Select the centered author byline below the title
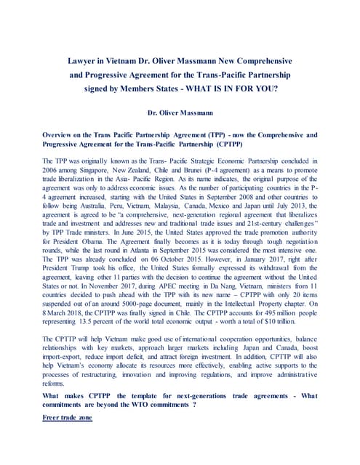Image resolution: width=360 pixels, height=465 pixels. coord(179,114)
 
